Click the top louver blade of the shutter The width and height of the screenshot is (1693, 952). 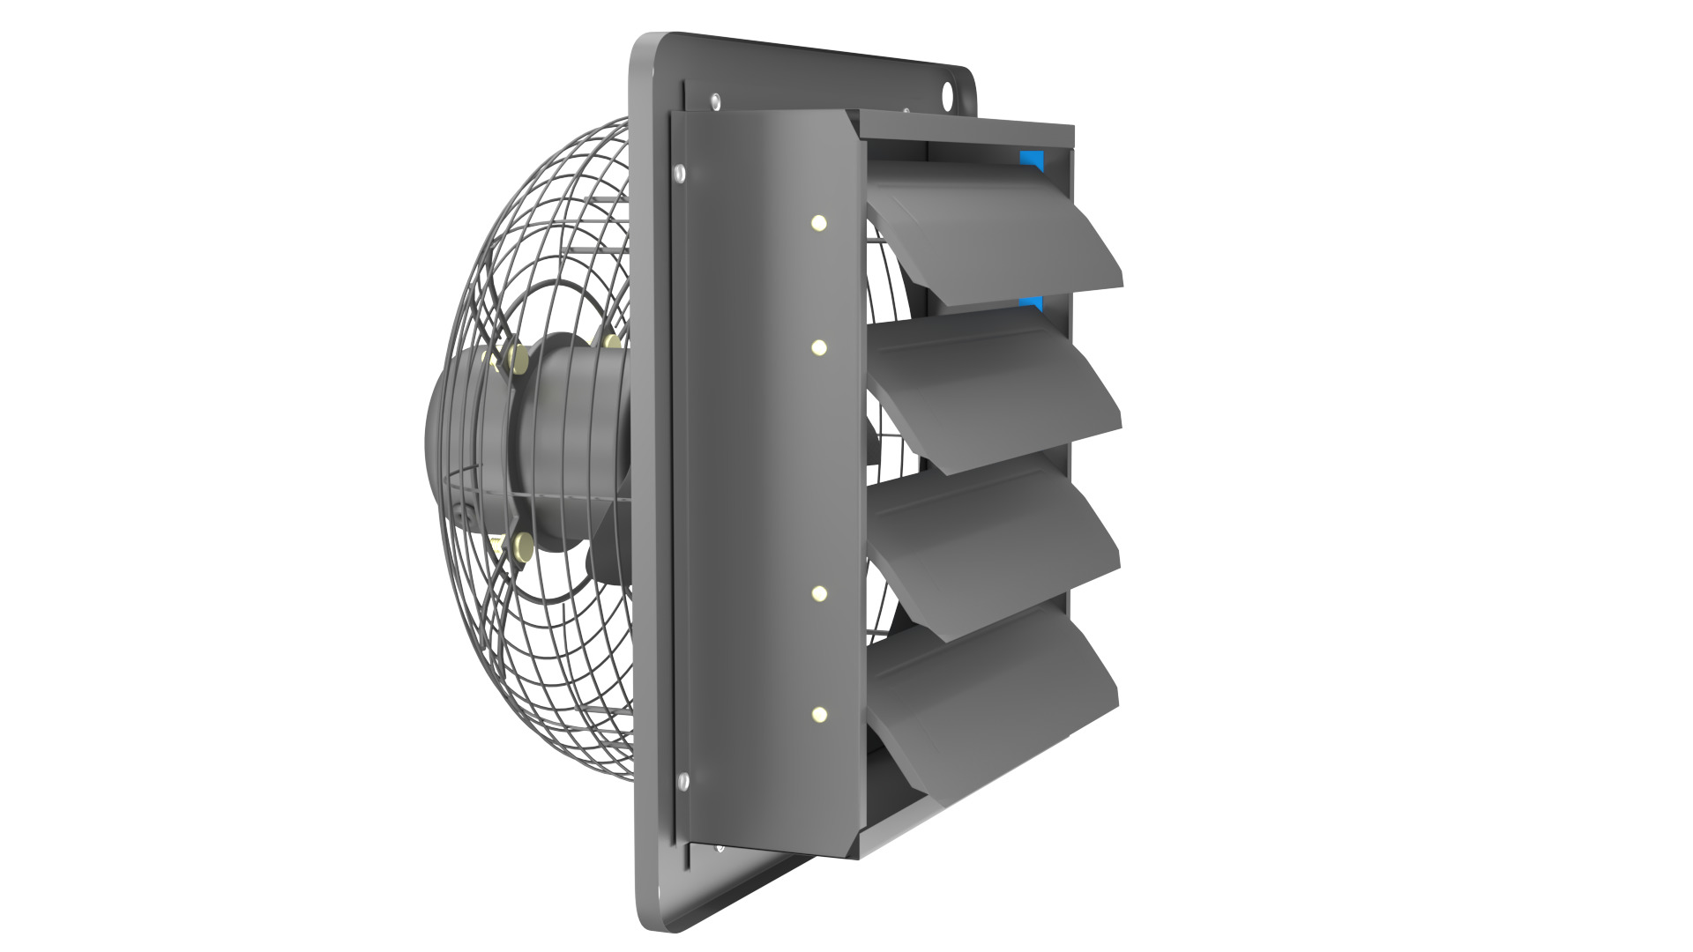click(x=996, y=234)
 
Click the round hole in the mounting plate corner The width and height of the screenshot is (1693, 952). click(x=949, y=91)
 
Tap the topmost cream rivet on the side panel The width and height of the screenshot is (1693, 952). click(x=818, y=223)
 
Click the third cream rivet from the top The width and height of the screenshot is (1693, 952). click(x=818, y=592)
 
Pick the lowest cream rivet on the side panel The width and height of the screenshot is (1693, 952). click(x=818, y=713)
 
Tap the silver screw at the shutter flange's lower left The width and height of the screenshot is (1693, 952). click(x=682, y=780)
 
